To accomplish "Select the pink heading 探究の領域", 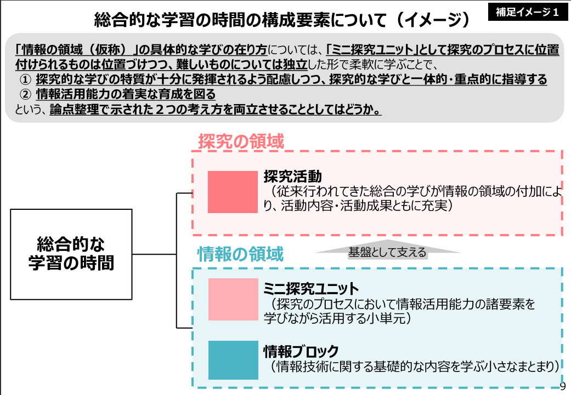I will pos(241,142).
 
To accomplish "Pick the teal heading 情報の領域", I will pos(241,255).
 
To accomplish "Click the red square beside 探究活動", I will pos(233,192).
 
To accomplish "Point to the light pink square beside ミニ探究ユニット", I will pos(233,299).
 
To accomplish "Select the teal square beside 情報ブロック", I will pos(233,360).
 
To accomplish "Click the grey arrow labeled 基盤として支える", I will pos(387,252).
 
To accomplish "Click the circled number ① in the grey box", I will pos(25,80).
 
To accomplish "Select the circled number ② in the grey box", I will pos(25,94).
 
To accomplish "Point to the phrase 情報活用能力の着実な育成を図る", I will pos(126,94).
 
